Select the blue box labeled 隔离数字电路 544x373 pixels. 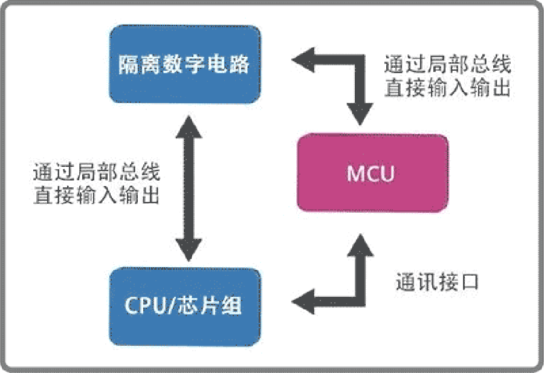[185, 64]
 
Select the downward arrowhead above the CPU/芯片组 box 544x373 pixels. [189, 248]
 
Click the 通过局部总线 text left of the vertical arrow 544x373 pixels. [96, 174]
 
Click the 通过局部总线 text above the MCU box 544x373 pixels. [448, 65]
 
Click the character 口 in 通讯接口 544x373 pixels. [469, 282]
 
